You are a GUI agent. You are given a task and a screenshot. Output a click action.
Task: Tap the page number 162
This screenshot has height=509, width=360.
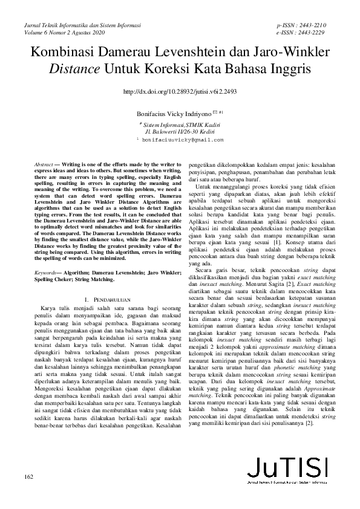coord(27,478)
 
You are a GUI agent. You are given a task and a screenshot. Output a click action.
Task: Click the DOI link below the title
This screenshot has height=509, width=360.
coord(180,92)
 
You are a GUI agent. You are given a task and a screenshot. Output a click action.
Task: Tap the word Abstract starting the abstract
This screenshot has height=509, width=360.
coord(43,164)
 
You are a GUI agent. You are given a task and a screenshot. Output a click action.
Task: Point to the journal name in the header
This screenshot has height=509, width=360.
coord(82,27)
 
